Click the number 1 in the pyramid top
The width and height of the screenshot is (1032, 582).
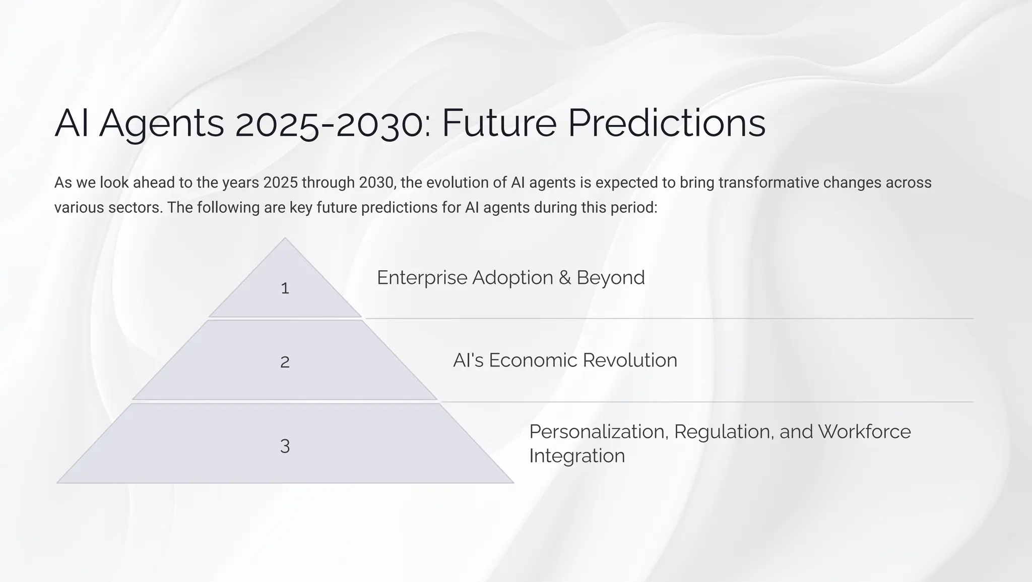285,288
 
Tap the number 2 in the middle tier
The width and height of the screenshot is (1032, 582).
285,362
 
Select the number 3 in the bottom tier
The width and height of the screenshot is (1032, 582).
285,446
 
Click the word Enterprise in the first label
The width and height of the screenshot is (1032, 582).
422,278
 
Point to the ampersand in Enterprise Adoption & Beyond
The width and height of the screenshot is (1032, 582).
564,278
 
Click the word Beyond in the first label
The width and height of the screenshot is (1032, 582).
610,278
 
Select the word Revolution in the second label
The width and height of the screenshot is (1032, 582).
630,361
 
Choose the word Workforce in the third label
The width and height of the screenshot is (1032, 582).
864,432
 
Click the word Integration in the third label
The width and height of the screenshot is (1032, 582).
577,456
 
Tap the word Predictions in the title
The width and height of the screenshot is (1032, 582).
666,124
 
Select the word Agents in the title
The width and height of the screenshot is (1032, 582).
161,124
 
